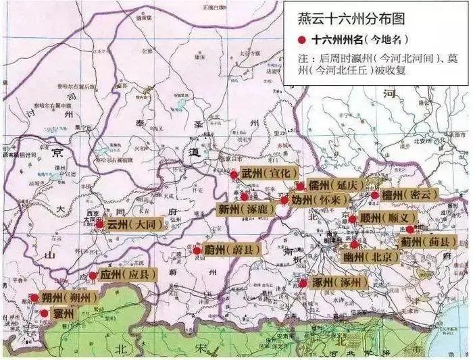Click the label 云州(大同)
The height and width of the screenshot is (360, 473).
point(135,224)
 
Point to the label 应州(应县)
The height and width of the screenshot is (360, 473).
point(128,274)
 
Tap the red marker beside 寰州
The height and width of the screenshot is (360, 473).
point(45,313)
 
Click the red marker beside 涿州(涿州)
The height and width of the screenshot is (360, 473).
point(302,282)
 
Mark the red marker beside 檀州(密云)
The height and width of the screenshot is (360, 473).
point(374,195)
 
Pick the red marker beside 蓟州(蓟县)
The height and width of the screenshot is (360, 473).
point(409,230)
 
